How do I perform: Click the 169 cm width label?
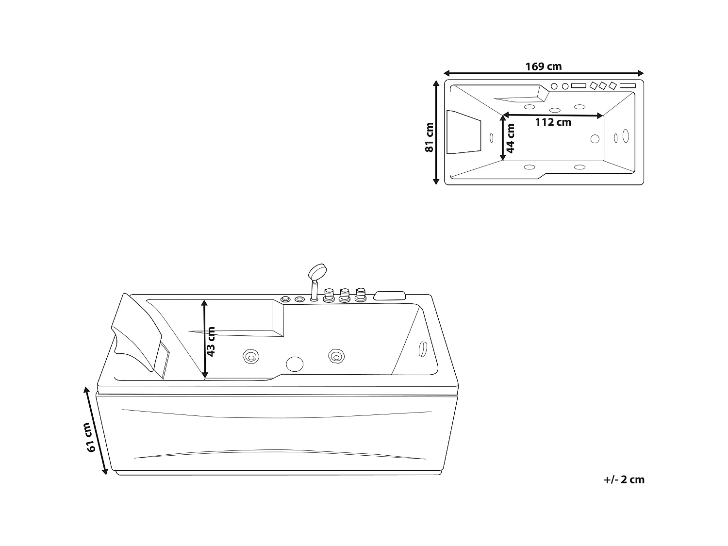(x=543, y=66)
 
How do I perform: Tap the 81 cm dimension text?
(x=429, y=137)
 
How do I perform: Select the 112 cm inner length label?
(x=553, y=122)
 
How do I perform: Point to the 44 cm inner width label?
(x=510, y=138)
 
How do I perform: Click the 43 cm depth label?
(x=211, y=342)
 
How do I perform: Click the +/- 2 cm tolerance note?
(x=624, y=480)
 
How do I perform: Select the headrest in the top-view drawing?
(x=464, y=132)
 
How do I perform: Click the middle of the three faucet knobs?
(x=345, y=295)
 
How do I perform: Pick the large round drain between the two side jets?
(x=294, y=364)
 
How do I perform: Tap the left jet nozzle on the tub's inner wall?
(x=250, y=357)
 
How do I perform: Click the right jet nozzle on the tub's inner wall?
(x=335, y=357)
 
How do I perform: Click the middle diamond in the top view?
(x=603, y=86)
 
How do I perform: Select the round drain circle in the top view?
(x=595, y=138)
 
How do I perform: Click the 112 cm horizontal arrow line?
(x=553, y=115)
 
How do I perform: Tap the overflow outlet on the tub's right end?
(x=422, y=348)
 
